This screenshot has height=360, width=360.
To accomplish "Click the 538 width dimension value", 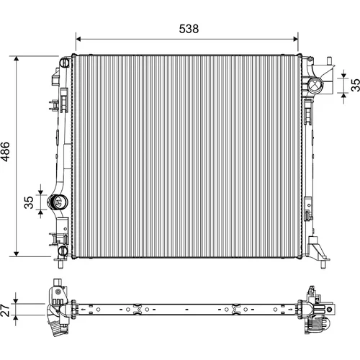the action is [189, 29].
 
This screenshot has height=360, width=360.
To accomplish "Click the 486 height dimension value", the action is [5, 152].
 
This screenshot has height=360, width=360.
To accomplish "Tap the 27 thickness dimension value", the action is [5, 310].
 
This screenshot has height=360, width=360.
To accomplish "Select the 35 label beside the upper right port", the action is [355, 85].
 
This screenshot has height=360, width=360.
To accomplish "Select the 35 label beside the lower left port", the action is [30, 202].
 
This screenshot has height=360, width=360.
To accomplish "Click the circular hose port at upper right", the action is [315, 86].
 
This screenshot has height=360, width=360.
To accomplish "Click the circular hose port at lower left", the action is [58, 202].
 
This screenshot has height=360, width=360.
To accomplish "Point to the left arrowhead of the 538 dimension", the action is [78, 39].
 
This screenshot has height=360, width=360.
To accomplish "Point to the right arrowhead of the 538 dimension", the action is [295, 39].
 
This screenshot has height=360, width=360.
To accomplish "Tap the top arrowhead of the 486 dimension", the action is [17, 59].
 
